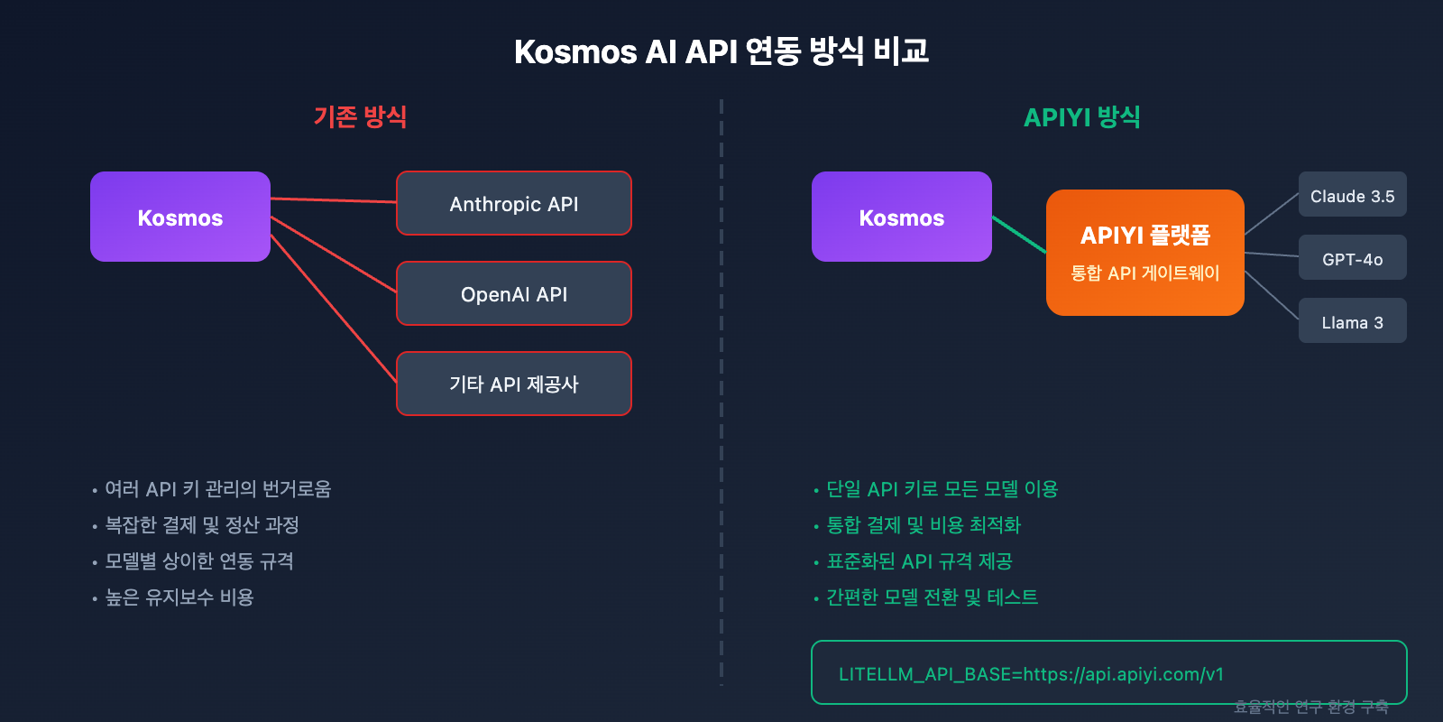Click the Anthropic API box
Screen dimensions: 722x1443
click(x=514, y=204)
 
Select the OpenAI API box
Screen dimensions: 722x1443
click(x=514, y=294)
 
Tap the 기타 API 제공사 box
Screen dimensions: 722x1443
click(x=514, y=384)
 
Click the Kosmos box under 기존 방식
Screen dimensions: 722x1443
click(x=180, y=218)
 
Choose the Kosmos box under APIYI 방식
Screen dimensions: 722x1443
click(x=902, y=218)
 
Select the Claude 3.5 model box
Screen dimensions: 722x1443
click(x=1352, y=196)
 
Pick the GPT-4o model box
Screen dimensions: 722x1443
click(x=1352, y=259)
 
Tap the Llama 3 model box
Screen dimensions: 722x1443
click(x=1352, y=322)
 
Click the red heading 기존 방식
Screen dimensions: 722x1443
click(x=360, y=116)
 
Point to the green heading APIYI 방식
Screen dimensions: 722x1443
click(x=1081, y=116)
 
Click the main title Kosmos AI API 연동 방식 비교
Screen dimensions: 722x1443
click(x=721, y=51)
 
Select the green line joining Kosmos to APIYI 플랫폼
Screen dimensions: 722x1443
click(x=1019, y=235)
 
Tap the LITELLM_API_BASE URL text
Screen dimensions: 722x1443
click(x=1031, y=674)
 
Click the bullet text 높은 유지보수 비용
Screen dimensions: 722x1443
click(x=179, y=597)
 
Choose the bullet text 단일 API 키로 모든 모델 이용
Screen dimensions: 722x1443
click(x=942, y=489)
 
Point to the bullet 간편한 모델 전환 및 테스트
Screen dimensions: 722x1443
click(x=932, y=597)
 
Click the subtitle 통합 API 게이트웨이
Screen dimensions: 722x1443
click(x=1144, y=273)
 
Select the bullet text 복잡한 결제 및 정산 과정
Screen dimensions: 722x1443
click(x=202, y=525)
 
